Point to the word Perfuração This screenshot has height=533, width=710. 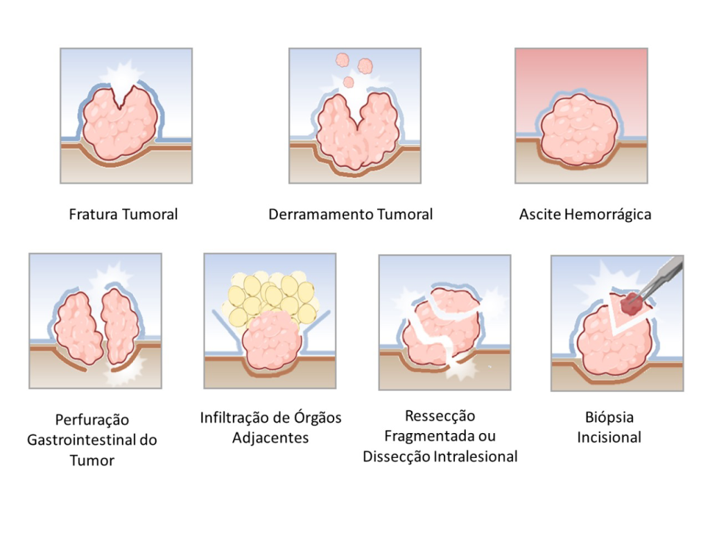point(92,420)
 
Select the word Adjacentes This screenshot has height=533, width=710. point(270,438)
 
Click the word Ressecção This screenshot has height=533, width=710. point(440,416)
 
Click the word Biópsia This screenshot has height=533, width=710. point(609,418)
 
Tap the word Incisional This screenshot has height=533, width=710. point(609,437)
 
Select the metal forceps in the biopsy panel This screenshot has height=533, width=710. point(661,275)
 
